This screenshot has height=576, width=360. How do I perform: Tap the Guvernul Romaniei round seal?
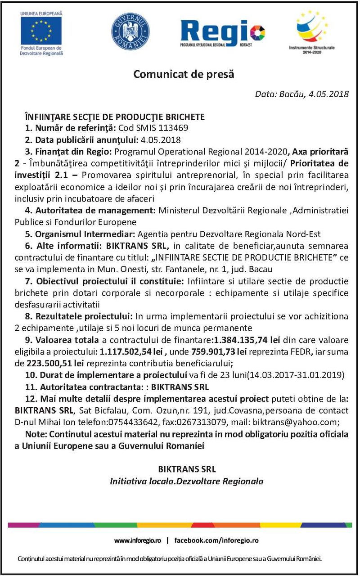(130, 31)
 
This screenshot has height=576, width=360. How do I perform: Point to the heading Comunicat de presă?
(184, 74)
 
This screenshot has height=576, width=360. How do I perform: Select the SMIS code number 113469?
(172, 127)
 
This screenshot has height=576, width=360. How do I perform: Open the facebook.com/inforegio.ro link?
(216, 540)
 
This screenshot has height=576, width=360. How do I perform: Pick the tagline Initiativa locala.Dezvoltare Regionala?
(187, 481)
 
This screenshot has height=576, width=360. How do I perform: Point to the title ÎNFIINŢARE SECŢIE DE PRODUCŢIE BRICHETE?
(115, 117)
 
